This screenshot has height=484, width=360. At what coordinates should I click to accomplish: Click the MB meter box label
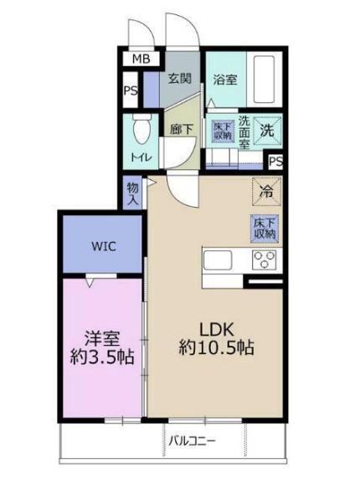(x=141, y=59)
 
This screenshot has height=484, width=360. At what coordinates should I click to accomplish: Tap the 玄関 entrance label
(x=179, y=79)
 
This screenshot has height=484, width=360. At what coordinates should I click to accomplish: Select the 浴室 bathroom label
(x=225, y=80)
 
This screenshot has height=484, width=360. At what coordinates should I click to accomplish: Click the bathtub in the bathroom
(x=264, y=80)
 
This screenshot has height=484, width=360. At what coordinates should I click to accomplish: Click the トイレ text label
(x=141, y=157)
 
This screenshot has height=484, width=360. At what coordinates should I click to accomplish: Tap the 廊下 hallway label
(x=182, y=129)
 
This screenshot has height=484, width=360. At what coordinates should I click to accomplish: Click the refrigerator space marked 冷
(x=266, y=192)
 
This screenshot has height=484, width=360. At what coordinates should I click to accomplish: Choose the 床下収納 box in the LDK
(x=265, y=229)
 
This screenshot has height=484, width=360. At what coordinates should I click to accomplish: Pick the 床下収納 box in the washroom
(x=222, y=131)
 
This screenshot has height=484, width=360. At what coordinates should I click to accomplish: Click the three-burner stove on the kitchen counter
(x=264, y=260)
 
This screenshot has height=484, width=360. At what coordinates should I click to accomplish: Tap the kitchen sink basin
(x=218, y=260)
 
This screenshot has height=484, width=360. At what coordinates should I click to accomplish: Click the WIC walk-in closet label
(x=104, y=246)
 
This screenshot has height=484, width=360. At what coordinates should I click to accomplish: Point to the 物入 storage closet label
(x=133, y=193)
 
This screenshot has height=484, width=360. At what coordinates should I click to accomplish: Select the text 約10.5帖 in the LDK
(x=217, y=348)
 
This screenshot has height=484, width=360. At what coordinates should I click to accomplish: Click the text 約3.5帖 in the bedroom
(x=102, y=357)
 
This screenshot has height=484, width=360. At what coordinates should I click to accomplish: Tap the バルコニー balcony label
(x=191, y=440)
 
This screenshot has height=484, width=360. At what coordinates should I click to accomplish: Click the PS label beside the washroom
(x=275, y=162)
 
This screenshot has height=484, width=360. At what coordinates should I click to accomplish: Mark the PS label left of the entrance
(x=131, y=90)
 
